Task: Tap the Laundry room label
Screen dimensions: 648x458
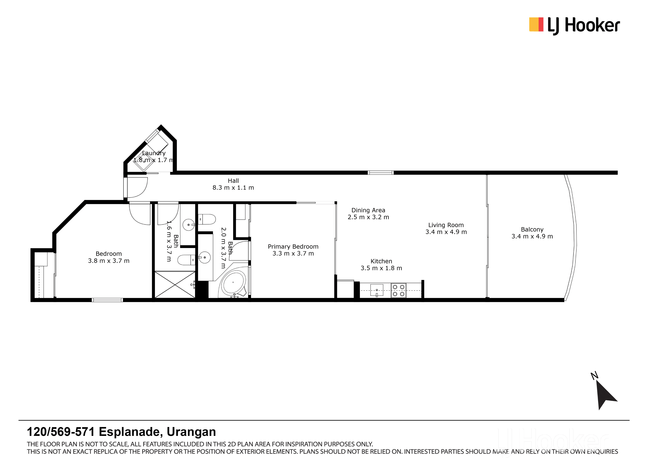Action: tap(154, 153)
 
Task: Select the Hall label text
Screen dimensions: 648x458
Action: tap(233, 181)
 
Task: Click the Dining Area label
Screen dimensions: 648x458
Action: tap(368, 210)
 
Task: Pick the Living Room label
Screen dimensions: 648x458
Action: tap(446, 225)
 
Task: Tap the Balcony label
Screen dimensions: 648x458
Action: tap(532, 230)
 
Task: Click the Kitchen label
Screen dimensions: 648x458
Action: tap(381, 261)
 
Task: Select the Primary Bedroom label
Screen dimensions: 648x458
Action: tap(293, 247)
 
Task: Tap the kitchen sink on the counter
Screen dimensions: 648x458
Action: tap(377, 290)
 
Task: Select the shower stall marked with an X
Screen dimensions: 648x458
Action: tap(175, 285)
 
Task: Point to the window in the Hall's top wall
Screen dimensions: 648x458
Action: tap(380, 173)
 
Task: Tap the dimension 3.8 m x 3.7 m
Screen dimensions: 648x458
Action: tap(109, 261)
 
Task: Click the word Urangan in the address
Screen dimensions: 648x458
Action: tap(191, 432)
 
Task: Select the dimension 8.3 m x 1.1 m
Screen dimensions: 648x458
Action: tap(233, 188)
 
